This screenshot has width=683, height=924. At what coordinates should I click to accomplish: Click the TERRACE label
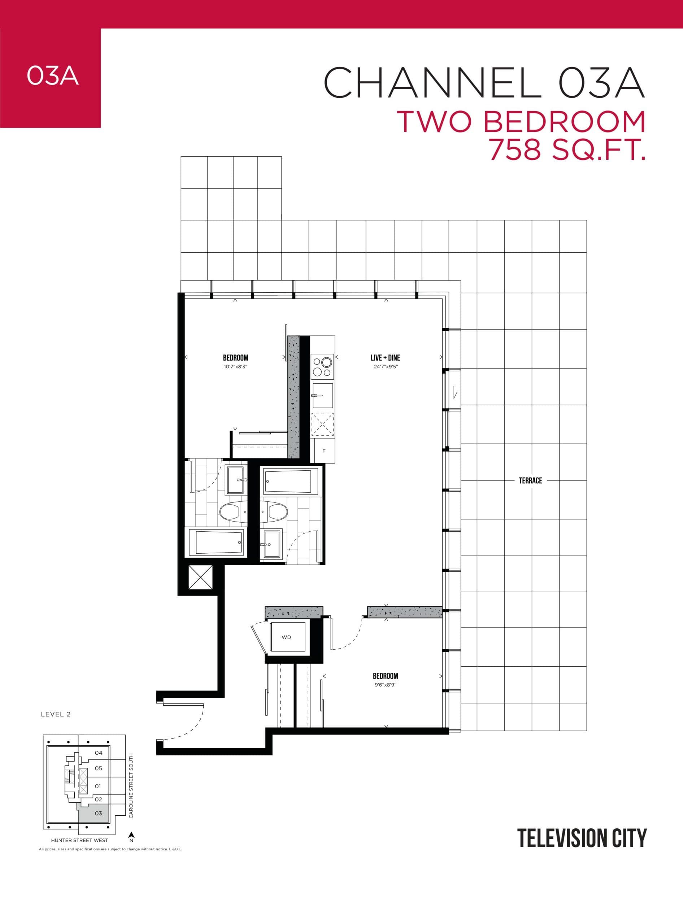point(530,480)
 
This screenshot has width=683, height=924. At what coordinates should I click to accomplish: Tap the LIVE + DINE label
point(385,358)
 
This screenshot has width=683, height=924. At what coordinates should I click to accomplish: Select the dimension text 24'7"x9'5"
point(385,367)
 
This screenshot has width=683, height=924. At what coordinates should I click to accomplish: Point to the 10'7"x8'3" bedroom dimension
point(235,367)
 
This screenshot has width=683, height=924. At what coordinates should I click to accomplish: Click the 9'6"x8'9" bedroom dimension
point(385,685)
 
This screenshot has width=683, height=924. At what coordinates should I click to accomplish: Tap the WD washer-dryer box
point(287,637)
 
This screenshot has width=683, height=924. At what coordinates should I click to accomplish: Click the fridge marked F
point(324,451)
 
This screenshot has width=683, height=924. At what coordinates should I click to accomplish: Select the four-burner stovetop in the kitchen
point(322,366)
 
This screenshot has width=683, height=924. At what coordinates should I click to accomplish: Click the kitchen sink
point(322,395)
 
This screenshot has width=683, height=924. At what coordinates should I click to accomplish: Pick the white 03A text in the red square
point(52,76)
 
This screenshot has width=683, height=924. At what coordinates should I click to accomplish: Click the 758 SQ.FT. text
point(567,150)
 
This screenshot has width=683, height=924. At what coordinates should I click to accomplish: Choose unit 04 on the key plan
point(99,753)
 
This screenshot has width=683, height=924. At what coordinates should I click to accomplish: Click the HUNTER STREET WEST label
point(79,840)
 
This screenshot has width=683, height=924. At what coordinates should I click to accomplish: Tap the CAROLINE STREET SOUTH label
point(131,785)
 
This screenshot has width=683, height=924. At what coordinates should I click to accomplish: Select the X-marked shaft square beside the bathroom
point(200,577)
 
